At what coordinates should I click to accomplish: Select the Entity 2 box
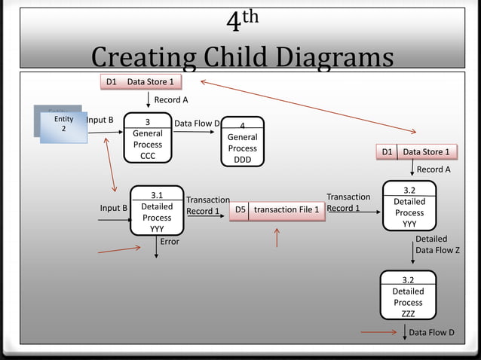tap(63, 125)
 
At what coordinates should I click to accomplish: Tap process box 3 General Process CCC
tap(148, 138)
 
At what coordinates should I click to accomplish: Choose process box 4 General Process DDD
tap(242, 142)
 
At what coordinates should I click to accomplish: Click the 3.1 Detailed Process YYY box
tap(157, 212)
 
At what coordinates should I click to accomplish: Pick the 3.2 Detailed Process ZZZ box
tap(408, 296)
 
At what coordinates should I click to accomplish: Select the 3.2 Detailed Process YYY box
tap(409, 207)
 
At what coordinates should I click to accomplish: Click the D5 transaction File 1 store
tap(277, 209)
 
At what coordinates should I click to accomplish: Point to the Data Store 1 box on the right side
tap(418, 152)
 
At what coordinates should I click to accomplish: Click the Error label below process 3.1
tap(170, 242)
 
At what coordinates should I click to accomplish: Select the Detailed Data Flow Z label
tap(437, 244)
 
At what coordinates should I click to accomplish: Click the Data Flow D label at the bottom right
tap(431, 332)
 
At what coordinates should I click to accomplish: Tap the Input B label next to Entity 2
tap(100, 120)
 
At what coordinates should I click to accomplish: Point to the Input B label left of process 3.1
tap(114, 207)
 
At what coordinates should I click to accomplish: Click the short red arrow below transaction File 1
tap(277, 238)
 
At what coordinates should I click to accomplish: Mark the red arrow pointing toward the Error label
tap(119, 248)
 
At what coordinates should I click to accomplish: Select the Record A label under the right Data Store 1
tap(434, 169)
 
